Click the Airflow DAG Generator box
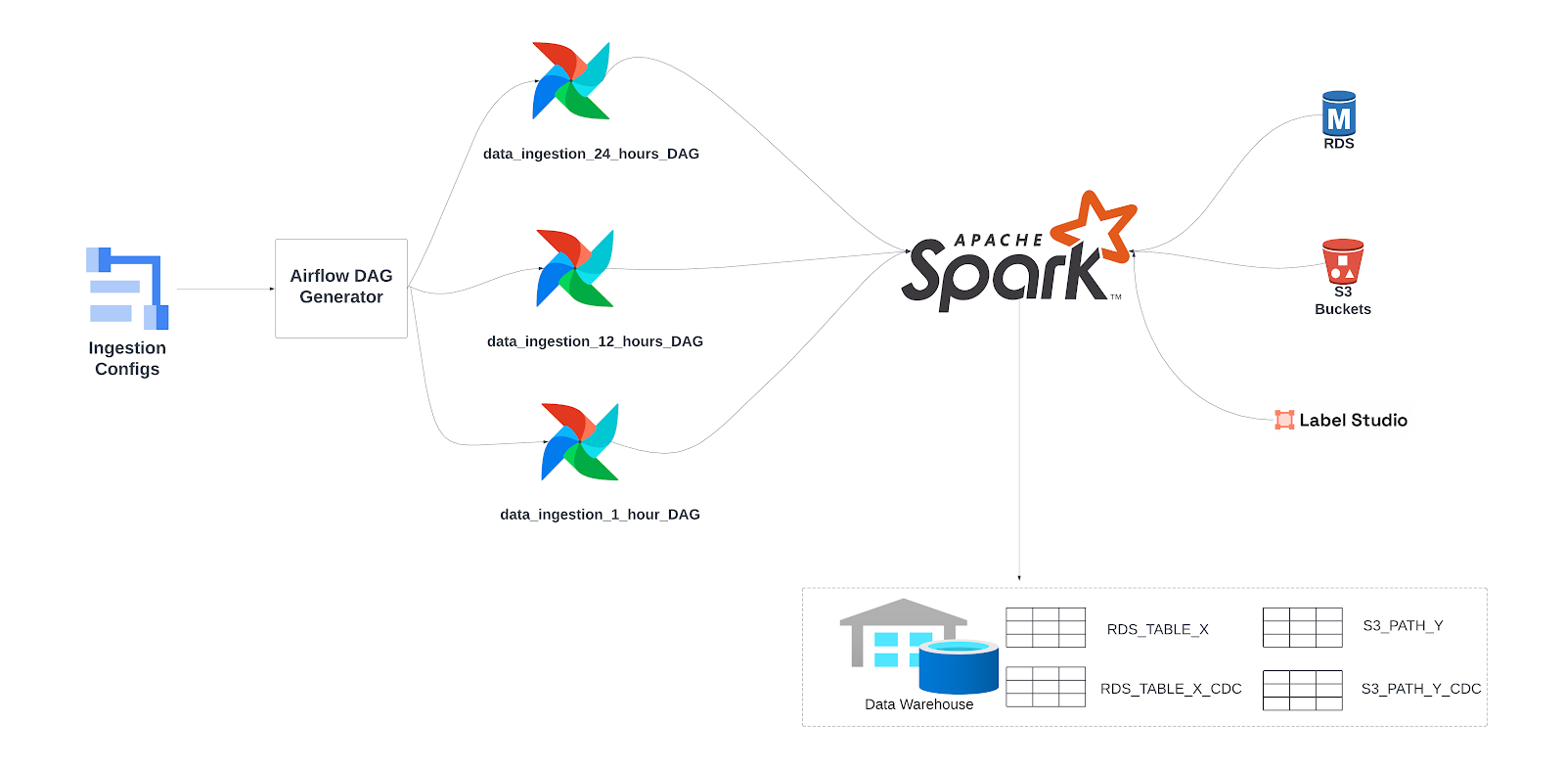pos(340,288)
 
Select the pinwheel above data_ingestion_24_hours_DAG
pos(571,80)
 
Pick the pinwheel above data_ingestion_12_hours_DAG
pos(575,268)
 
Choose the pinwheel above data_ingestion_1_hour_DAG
pos(580,441)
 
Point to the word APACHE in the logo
pos(999,240)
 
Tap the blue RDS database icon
pos(1338,114)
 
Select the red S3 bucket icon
pos(1342,261)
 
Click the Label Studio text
pos(1353,420)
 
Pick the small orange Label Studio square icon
pos(1284,420)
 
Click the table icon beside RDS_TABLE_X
pos(1046,627)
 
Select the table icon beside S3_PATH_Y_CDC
pos(1302,690)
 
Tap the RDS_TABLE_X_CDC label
pos(1171,689)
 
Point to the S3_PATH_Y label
pos(1403,625)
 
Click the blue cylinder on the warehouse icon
pos(959,667)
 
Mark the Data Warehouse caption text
pos(918,704)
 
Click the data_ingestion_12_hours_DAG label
pos(595,341)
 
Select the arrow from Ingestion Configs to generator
pos(225,289)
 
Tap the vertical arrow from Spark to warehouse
pos(1019,440)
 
